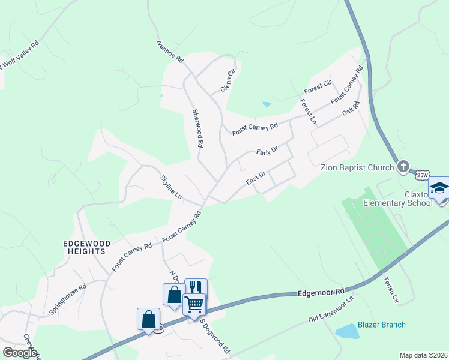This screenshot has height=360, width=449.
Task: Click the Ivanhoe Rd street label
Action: click(170, 52)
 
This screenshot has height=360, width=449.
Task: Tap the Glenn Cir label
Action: click(226, 80)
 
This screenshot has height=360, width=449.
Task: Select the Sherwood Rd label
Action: click(197, 128)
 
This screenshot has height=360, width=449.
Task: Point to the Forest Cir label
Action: click(318, 87)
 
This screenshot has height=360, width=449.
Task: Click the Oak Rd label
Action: click(351, 109)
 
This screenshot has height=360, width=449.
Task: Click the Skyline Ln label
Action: click(170, 187)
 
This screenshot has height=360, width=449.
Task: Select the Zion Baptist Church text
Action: click(357, 167)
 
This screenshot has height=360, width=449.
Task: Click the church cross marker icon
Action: click(403, 166)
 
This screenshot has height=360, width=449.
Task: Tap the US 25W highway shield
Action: click(422, 175)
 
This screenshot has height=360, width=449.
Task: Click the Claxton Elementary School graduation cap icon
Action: click(439, 188)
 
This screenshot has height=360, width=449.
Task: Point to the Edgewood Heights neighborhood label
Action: click(88, 247)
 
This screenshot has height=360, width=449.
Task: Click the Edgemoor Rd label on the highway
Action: click(321, 292)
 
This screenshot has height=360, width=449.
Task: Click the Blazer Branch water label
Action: click(382, 325)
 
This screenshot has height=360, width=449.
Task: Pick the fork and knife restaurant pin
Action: click(196, 287)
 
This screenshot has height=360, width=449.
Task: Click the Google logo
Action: click(20, 353)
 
